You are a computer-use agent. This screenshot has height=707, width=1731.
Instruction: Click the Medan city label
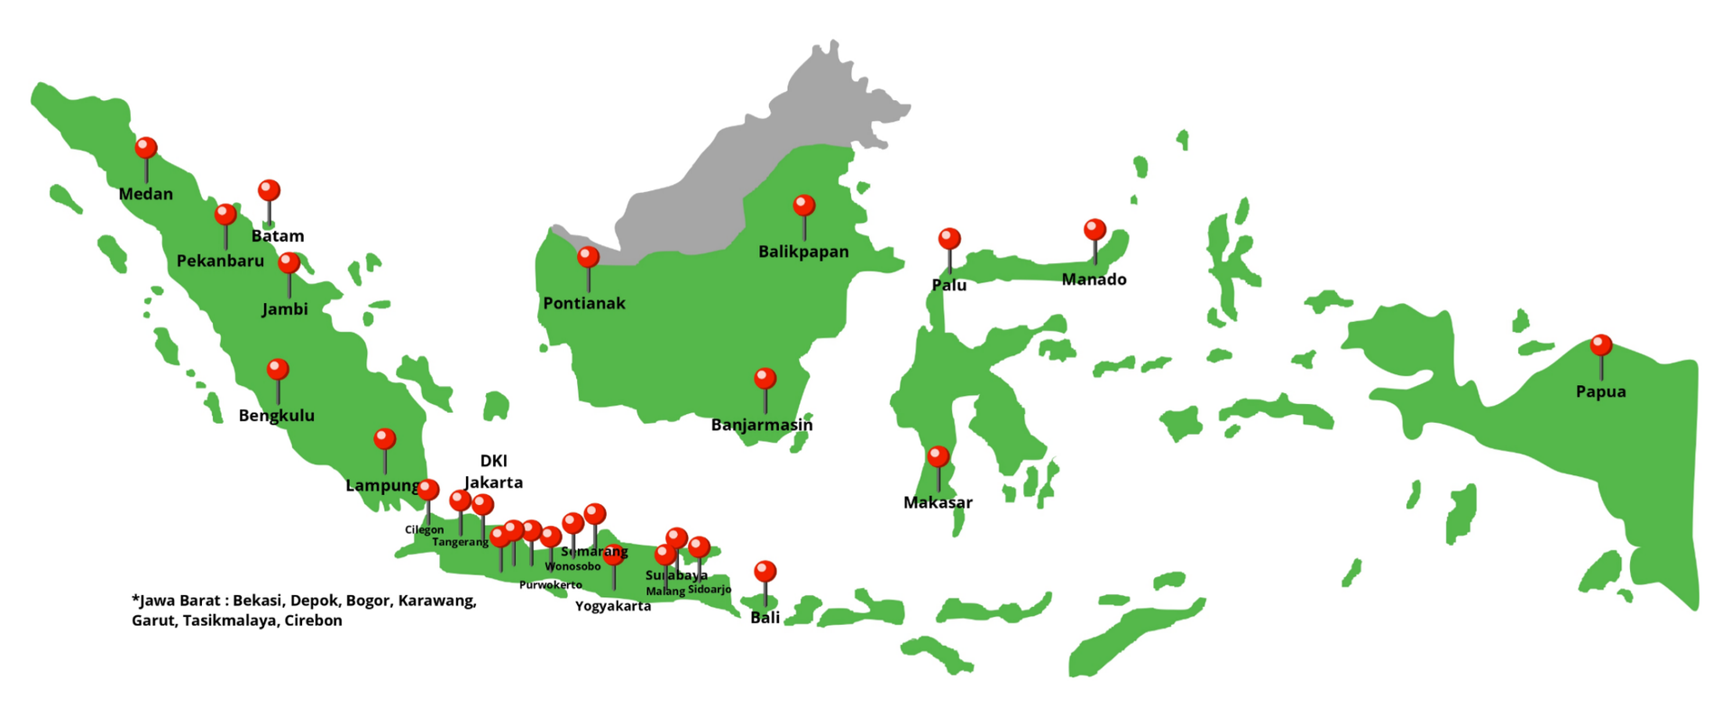point(145,194)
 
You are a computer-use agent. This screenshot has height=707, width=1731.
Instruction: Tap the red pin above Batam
point(269,190)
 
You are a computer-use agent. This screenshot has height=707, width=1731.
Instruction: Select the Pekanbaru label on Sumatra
point(220,261)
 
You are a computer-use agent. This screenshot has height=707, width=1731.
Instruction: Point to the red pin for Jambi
point(288,262)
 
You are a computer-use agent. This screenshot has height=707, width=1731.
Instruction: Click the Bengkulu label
point(277,416)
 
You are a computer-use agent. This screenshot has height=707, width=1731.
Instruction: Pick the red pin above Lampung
point(385,439)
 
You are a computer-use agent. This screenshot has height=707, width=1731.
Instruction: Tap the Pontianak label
point(583,303)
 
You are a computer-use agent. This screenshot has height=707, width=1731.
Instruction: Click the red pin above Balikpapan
point(803,206)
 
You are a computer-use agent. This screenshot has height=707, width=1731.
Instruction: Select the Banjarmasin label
point(762,425)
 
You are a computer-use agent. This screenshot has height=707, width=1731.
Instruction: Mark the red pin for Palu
point(949,239)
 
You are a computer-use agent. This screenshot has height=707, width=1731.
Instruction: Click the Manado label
point(1094,280)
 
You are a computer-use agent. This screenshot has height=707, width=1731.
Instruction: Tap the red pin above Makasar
point(939,456)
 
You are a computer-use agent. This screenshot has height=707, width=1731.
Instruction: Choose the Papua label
point(1600,391)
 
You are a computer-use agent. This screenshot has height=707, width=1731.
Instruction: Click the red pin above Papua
point(1601,345)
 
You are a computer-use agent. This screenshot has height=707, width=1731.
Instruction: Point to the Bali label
point(765,618)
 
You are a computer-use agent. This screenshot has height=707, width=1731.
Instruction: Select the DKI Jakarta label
point(493,472)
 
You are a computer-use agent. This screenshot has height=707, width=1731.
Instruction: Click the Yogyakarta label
point(613,606)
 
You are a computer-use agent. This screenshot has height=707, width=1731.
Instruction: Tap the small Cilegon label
point(424,529)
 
